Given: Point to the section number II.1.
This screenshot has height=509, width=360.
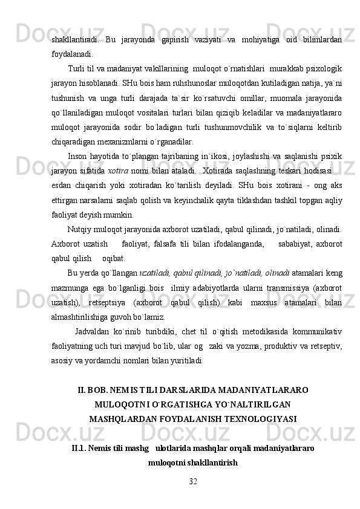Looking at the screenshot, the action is click(80, 449).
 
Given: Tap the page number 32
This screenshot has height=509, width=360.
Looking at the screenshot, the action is click(192, 480).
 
